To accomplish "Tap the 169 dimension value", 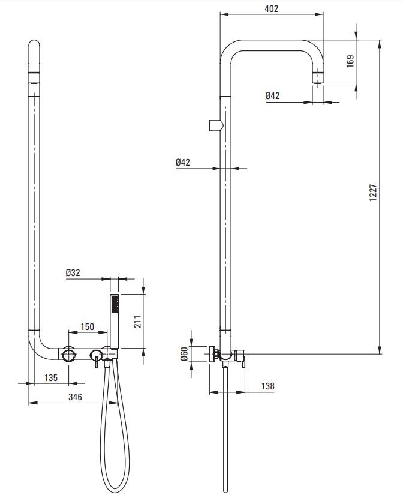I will point(351,61).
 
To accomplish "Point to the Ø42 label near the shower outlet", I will point(272,95).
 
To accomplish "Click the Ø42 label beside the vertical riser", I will point(184,162).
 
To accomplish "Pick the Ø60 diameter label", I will point(185,354).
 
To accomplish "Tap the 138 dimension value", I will point(267,386).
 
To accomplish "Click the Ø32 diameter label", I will point(74,273).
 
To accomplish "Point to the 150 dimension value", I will point(88,327).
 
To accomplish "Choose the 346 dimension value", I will point(74,397).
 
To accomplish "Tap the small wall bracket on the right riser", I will point(215,124).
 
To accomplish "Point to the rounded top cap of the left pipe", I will point(34,47).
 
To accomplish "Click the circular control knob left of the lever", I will point(68,355).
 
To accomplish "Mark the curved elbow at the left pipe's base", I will point(39,348).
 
